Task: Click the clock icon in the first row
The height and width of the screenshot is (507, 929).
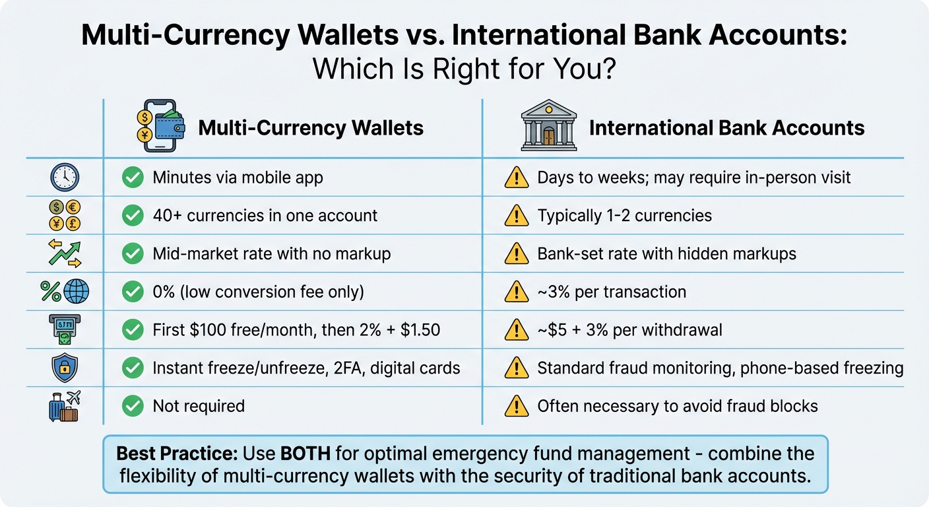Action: (x=65, y=178)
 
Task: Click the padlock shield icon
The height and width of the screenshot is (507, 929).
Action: (x=65, y=368)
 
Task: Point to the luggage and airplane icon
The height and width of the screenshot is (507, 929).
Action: (x=65, y=406)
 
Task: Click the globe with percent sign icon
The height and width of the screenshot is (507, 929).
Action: (x=65, y=292)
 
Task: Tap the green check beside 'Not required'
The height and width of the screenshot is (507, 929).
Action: (x=133, y=406)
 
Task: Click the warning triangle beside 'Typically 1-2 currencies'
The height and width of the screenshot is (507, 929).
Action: (x=517, y=216)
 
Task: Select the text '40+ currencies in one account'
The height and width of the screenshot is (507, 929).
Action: (x=265, y=216)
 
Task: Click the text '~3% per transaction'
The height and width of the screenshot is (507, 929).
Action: (x=612, y=292)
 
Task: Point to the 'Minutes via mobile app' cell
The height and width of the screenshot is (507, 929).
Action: (x=238, y=178)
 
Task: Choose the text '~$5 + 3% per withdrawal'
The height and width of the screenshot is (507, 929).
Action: (x=629, y=330)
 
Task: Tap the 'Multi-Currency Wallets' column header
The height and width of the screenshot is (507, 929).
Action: (x=311, y=127)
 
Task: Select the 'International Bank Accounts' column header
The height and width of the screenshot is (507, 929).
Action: (x=726, y=127)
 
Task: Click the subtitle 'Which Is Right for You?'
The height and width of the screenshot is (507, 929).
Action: (x=464, y=68)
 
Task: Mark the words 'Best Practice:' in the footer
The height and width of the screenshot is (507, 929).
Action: (x=177, y=454)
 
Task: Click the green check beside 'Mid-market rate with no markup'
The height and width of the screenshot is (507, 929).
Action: (x=133, y=254)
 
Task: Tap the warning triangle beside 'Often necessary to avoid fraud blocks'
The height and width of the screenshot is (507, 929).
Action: (x=517, y=406)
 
